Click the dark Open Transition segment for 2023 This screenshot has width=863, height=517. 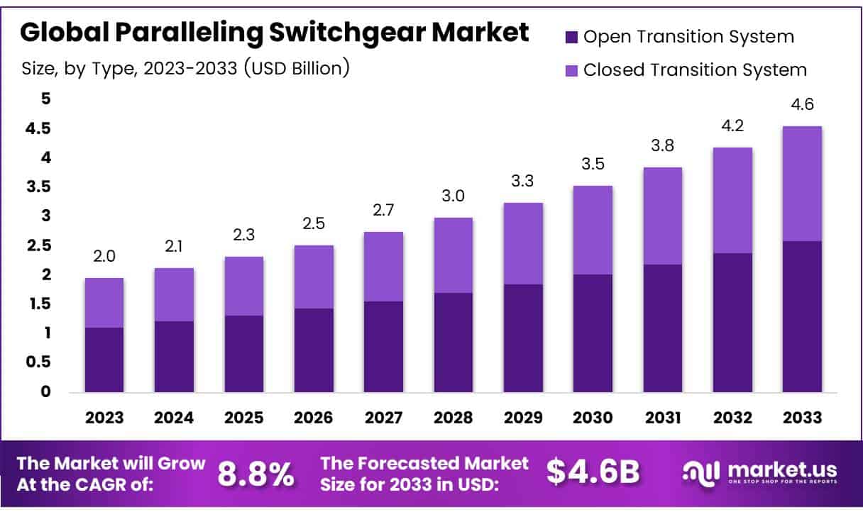(104, 360)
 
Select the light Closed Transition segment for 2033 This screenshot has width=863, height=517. (802, 184)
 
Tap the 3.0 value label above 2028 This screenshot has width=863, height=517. (453, 196)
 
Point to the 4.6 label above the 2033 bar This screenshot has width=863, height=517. (802, 104)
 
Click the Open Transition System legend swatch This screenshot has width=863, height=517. (573, 37)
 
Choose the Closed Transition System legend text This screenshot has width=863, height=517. (695, 70)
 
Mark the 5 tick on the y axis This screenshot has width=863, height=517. (46, 99)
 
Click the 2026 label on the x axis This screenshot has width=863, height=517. (313, 418)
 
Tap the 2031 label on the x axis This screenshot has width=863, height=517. (662, 418)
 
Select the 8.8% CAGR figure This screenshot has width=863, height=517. (255, 474)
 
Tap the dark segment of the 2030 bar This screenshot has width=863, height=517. (593, 333)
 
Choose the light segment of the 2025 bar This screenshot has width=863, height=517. (243, 286)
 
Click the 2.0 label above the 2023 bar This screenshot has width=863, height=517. (104, 256)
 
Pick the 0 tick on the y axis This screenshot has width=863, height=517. (46, 391)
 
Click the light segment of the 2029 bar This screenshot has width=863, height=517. (523, 243)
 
